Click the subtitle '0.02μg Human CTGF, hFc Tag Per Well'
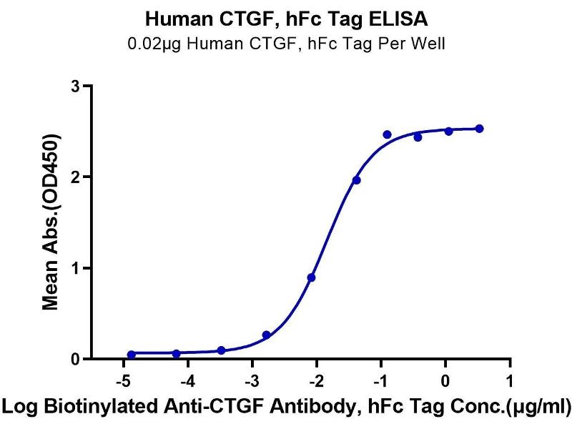coord(285,44)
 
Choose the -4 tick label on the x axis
coord(187,377)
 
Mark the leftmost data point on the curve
coord(132,355)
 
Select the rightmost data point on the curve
coord(479,129)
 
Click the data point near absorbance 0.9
coord(311,277)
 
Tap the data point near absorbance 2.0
coord(356,180)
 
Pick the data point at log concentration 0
coord(448,131)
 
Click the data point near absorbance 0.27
coord(266,335)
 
